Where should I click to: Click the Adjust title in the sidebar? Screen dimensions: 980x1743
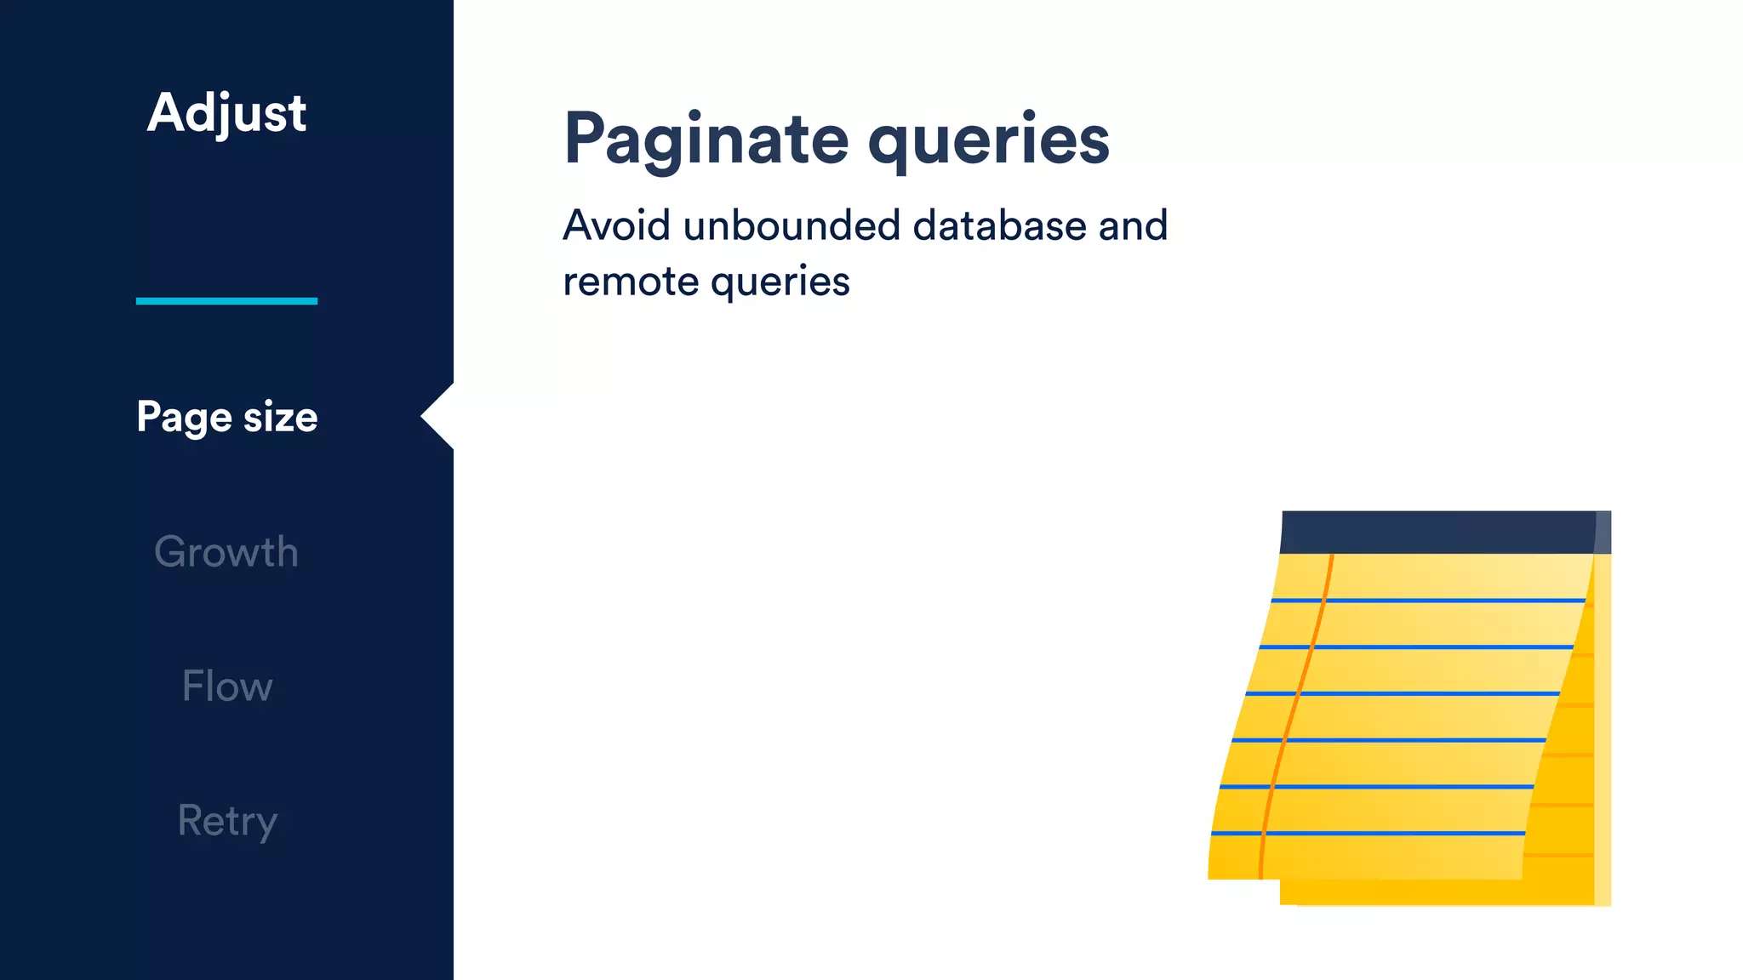[x=226, y=113]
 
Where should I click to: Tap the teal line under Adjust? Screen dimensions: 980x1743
[x=226, y=300]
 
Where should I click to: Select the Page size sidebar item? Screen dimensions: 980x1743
[x=226, y=417]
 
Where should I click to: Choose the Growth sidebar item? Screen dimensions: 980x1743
[x=226, y=552]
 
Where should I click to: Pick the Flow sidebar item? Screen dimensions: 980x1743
[x=226, y=687]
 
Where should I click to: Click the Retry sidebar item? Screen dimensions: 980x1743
[x=226, y=821]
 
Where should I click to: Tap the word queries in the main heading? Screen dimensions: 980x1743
[x=988, y=140]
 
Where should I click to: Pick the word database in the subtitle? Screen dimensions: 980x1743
[x=998, y=226]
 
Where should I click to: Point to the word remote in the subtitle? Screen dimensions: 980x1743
[x=630, y=282]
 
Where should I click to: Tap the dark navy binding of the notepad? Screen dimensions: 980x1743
[x=1438, y=532]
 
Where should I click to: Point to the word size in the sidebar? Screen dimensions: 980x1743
[x=280, y=417]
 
